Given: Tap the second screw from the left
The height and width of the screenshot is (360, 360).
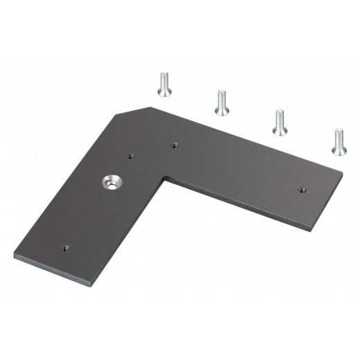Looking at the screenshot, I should point(222,102).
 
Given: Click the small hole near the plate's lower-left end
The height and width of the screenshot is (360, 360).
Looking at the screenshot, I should point(64,246).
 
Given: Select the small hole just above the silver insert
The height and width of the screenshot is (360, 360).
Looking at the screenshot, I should point(129,156).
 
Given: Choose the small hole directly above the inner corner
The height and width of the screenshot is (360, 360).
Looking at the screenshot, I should point(174,145).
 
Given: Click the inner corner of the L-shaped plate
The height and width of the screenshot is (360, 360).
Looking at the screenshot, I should point(164,178).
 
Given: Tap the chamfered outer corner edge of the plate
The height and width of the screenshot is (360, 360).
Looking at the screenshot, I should point(136,111).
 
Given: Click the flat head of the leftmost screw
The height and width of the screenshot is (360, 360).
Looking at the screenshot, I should point(163,75).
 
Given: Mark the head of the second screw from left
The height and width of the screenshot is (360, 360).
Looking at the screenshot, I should point(222,93).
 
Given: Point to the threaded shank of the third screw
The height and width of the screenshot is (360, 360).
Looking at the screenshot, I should point(281,125).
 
